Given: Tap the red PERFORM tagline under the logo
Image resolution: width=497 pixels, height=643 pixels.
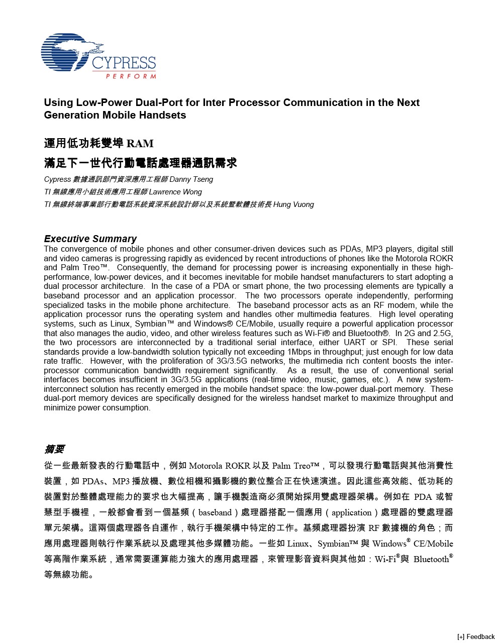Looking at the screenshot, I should pyautogui.click(x=131, y=76).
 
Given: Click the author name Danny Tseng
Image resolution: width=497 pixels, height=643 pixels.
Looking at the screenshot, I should pyautogui.click(x=191, y=179).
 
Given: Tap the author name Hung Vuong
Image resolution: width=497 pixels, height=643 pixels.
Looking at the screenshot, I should pyautogui.click(x=293, y=204).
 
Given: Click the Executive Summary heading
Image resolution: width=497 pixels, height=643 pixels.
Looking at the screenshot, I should pyautogui.click(x=90, y=239).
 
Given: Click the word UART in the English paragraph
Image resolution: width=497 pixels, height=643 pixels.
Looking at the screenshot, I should pyautogui.click(x=354, y=343).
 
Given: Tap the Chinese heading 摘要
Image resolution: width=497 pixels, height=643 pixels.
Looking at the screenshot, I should pyautogui.click(x=54, y=449).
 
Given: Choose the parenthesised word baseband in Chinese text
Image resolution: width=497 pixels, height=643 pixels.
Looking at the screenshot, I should pyautogui.click(x=215, y=512).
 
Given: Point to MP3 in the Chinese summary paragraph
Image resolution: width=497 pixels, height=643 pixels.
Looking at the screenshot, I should pyautogui.click(x=121, y=481).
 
